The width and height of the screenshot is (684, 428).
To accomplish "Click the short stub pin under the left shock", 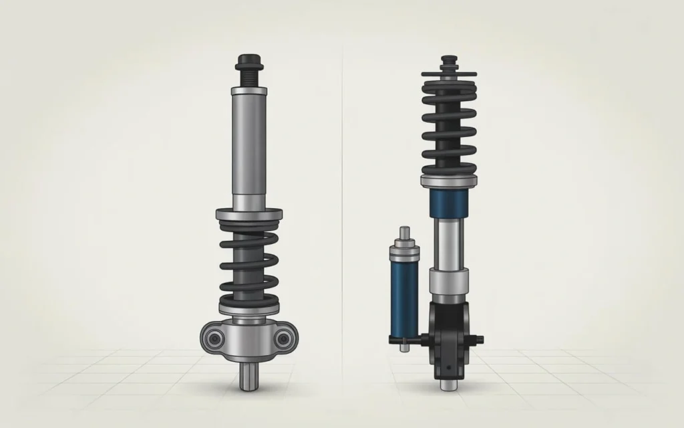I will [x=248, y=378].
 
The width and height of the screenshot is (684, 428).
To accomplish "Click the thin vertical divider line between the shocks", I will [x=343, y=201].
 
